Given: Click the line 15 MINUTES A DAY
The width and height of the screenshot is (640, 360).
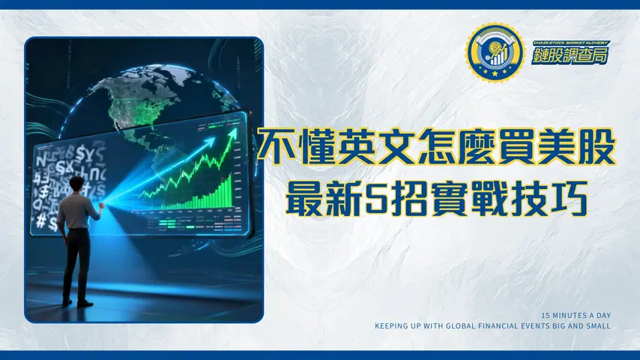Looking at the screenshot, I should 577,315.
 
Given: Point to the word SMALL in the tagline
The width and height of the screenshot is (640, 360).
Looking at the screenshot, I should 600,326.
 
